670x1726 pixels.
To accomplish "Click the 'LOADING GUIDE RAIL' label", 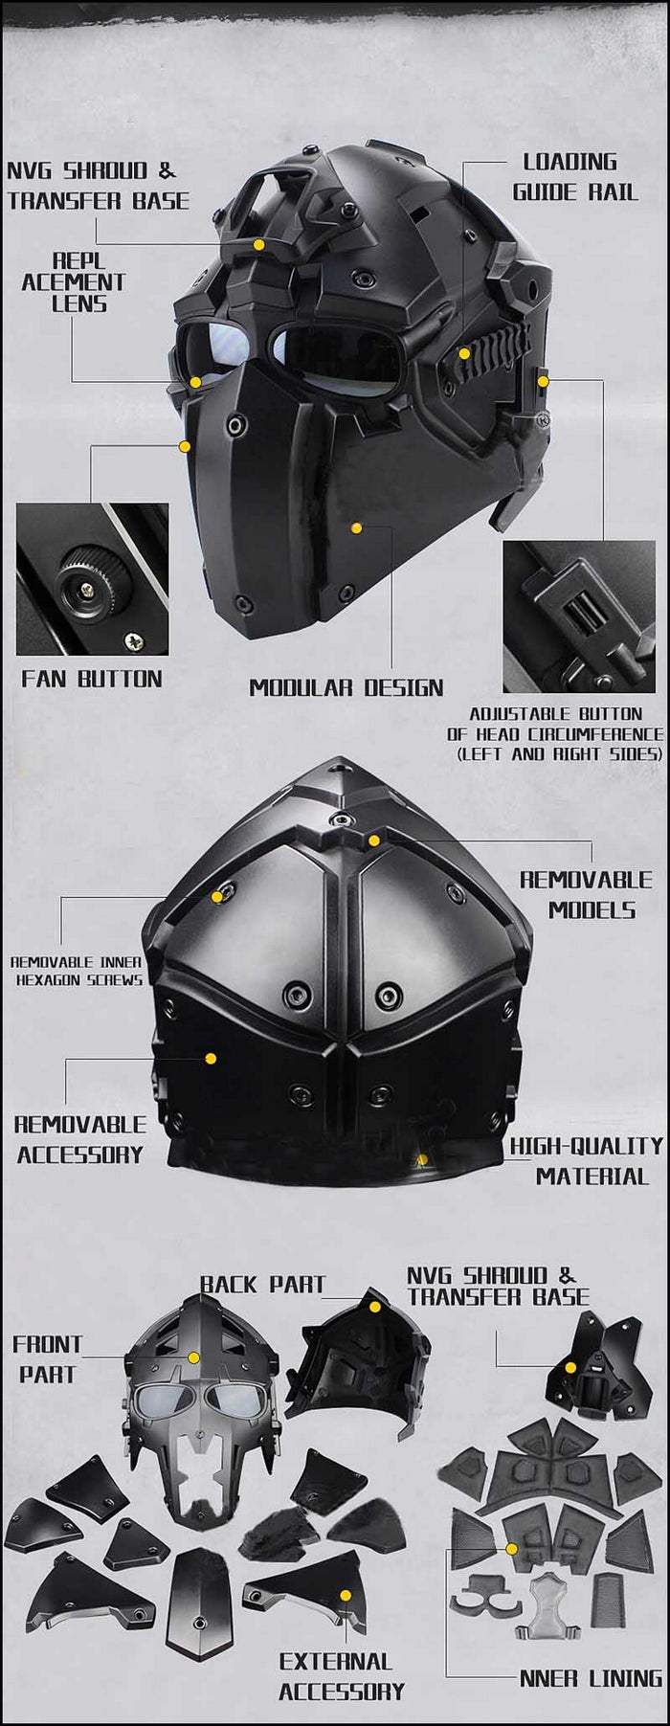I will [x=575, y=177].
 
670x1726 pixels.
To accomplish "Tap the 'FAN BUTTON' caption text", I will [x=92, y=679].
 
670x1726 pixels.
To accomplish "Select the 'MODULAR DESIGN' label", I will [x=346, y=687].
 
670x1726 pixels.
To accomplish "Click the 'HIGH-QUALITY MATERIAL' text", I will [x=586, y=1160].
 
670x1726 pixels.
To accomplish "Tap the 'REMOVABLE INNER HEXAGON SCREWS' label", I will [x=77, y=971].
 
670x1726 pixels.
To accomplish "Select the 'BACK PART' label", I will [x=263, y=1285].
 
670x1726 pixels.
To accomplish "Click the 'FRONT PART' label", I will [x=48, y=1358].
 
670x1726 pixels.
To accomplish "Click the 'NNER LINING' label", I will [x=591, y=1678].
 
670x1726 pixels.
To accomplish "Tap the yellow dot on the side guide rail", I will [x=464, y=353].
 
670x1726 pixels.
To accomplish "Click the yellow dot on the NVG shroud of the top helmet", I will [x=258, y=245].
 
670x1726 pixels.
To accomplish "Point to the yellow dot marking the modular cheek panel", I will [x=356, y=527].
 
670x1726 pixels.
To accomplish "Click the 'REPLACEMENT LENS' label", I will [x=74, y=282].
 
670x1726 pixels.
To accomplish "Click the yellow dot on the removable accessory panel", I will [x=211, y=1058].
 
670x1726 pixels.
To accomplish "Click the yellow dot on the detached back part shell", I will [x=375, y=1306].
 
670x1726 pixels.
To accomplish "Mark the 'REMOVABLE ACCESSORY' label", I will [x=79, y=1139].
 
